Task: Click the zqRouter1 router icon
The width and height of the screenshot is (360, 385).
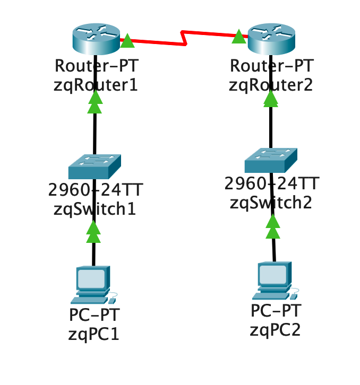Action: click(x=96, y=40)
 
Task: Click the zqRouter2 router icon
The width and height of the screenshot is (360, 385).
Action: click(x=271, y=40)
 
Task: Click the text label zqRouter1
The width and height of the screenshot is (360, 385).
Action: click(x=96, y=85)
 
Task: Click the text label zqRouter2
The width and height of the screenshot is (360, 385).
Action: click(x=271, y=85)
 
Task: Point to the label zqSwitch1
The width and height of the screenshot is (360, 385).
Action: click(x=95, y=208)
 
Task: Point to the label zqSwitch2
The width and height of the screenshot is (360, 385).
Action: click(x=271, y=202)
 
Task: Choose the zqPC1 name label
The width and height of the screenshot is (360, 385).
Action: click(x=95, y=334)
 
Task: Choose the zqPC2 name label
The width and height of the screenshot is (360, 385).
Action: click(x=276, y=329)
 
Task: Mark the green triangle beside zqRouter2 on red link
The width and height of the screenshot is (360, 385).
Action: click(x=239, y=37)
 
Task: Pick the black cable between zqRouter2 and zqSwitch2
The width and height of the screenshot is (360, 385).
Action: click(x=271, y=125)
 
